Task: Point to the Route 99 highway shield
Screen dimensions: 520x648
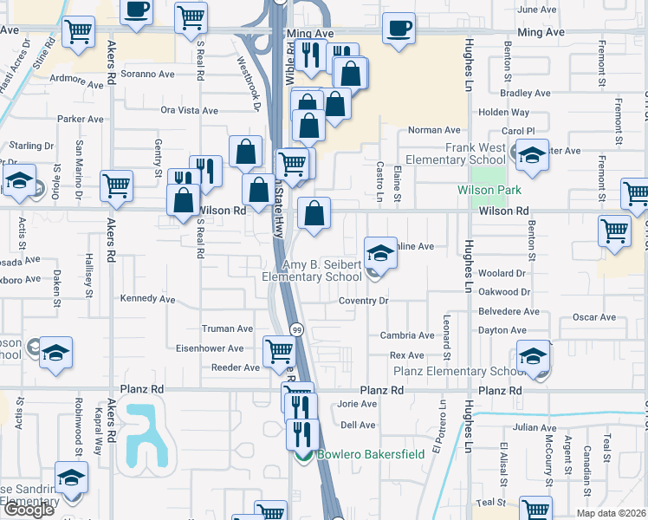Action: [x=296, y=330]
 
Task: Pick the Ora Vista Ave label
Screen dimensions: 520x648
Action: [x=190, y=110]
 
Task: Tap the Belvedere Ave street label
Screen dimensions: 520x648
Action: [x=509, y=311]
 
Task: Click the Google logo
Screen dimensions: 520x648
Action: [x=28, y=510]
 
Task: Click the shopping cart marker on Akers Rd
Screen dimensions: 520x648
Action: [x=117, y=184]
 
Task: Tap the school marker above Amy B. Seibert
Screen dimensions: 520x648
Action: [x=380, y=252]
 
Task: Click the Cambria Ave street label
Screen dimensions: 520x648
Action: [x=412, y=335]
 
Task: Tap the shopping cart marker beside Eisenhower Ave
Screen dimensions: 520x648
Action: [x=279, y=350]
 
